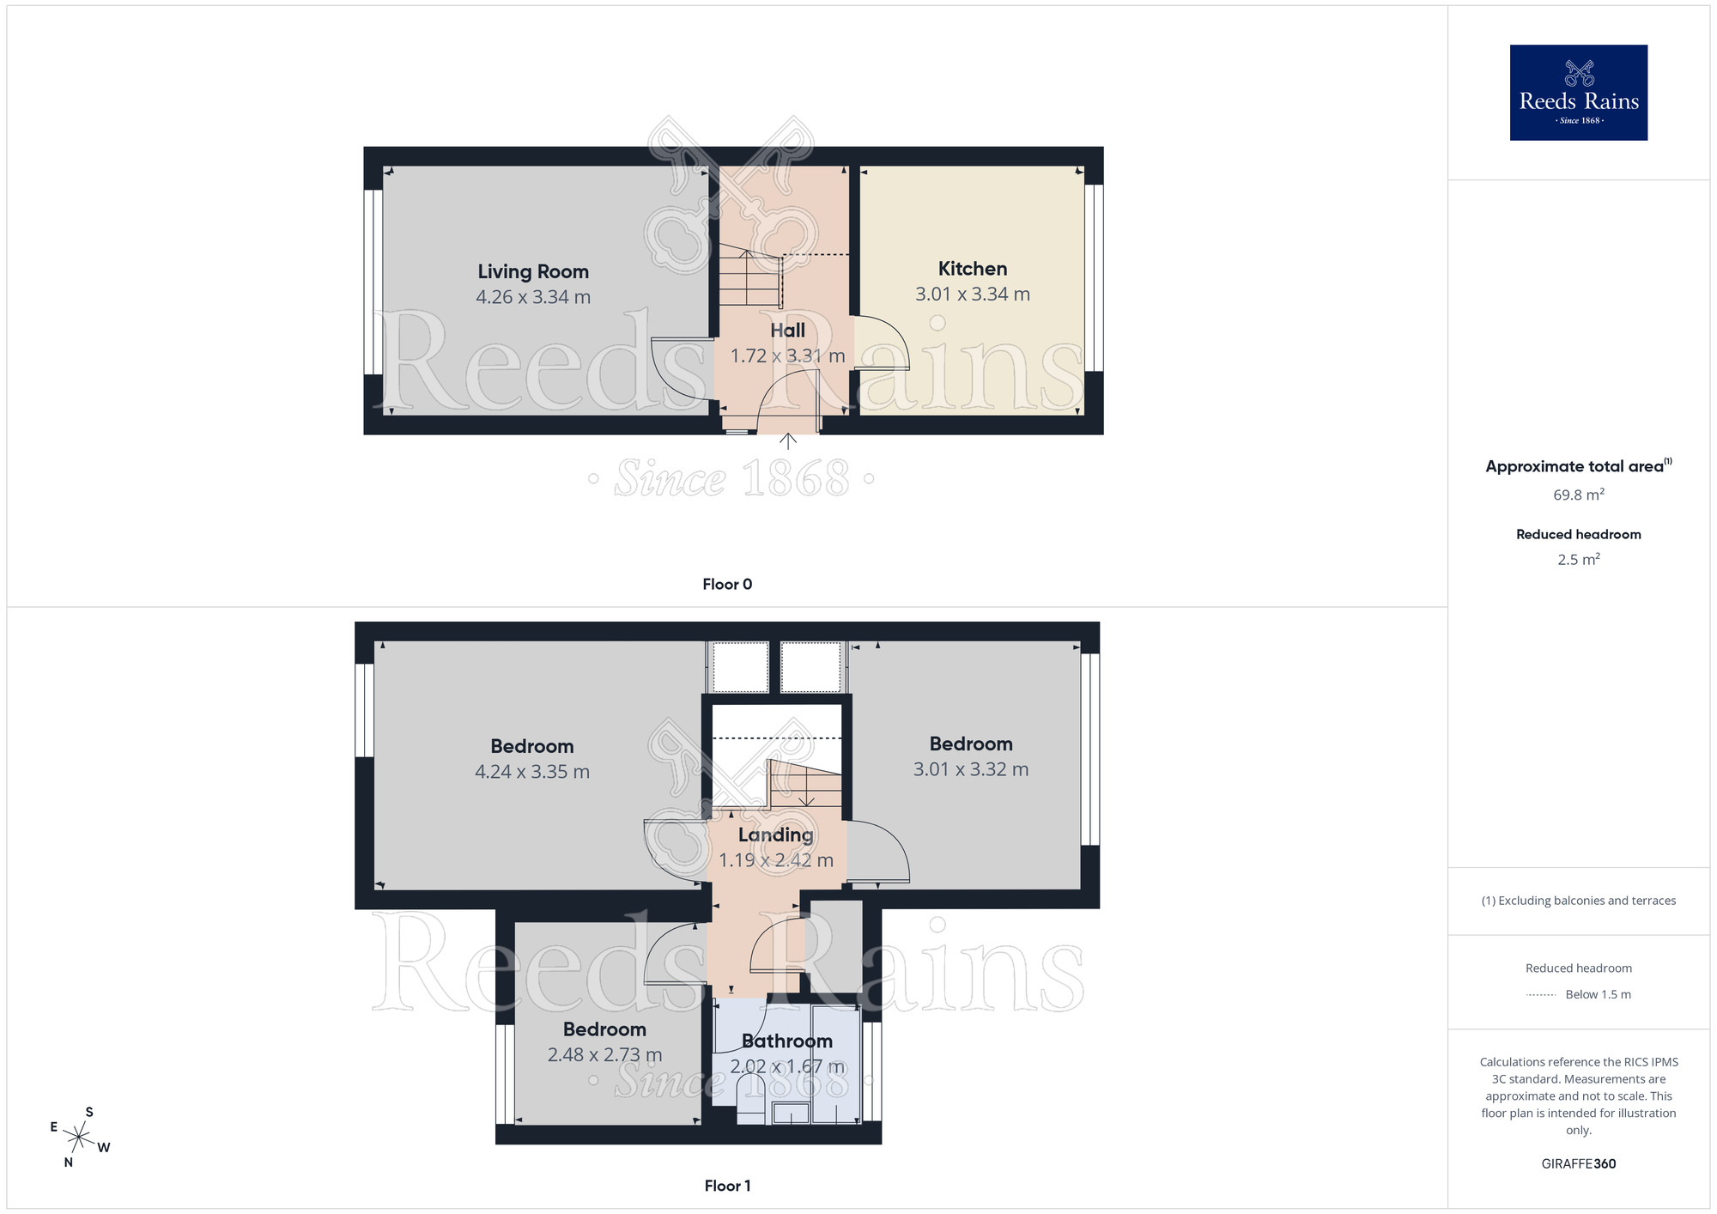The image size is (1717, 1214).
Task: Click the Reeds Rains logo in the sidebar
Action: [x=1578, y=93]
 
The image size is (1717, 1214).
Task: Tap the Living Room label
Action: [x=533, y=271]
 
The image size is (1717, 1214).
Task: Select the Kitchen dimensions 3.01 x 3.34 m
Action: [x=972, y=294]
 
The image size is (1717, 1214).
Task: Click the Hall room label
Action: [x=787, y=331]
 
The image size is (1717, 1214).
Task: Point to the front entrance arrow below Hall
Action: [x=787, y=441]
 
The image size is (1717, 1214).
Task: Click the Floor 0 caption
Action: [x=727, y=585]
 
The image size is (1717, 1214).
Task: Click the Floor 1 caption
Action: [x=727, y=1186]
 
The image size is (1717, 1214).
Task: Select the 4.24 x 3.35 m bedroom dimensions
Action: [x=532, y=772]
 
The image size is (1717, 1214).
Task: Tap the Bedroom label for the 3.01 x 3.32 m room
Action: [x=971, y=744]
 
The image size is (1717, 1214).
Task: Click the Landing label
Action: [x=775, y=835]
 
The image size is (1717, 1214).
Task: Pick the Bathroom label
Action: [x=787, y=1041]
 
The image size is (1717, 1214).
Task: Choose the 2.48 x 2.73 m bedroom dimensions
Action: [x=604, y=1055]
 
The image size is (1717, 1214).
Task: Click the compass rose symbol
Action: [x=79, y=1138]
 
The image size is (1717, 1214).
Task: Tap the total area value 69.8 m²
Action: [x=1578, y=495]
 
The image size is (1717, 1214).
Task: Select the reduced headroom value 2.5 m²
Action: [x=1578, y=560]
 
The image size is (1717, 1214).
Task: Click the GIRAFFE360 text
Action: [x=1578, y=1164]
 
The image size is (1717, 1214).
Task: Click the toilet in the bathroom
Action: [x=750, y=1099]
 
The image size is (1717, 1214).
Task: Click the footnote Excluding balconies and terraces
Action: [x=1578, y=901]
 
